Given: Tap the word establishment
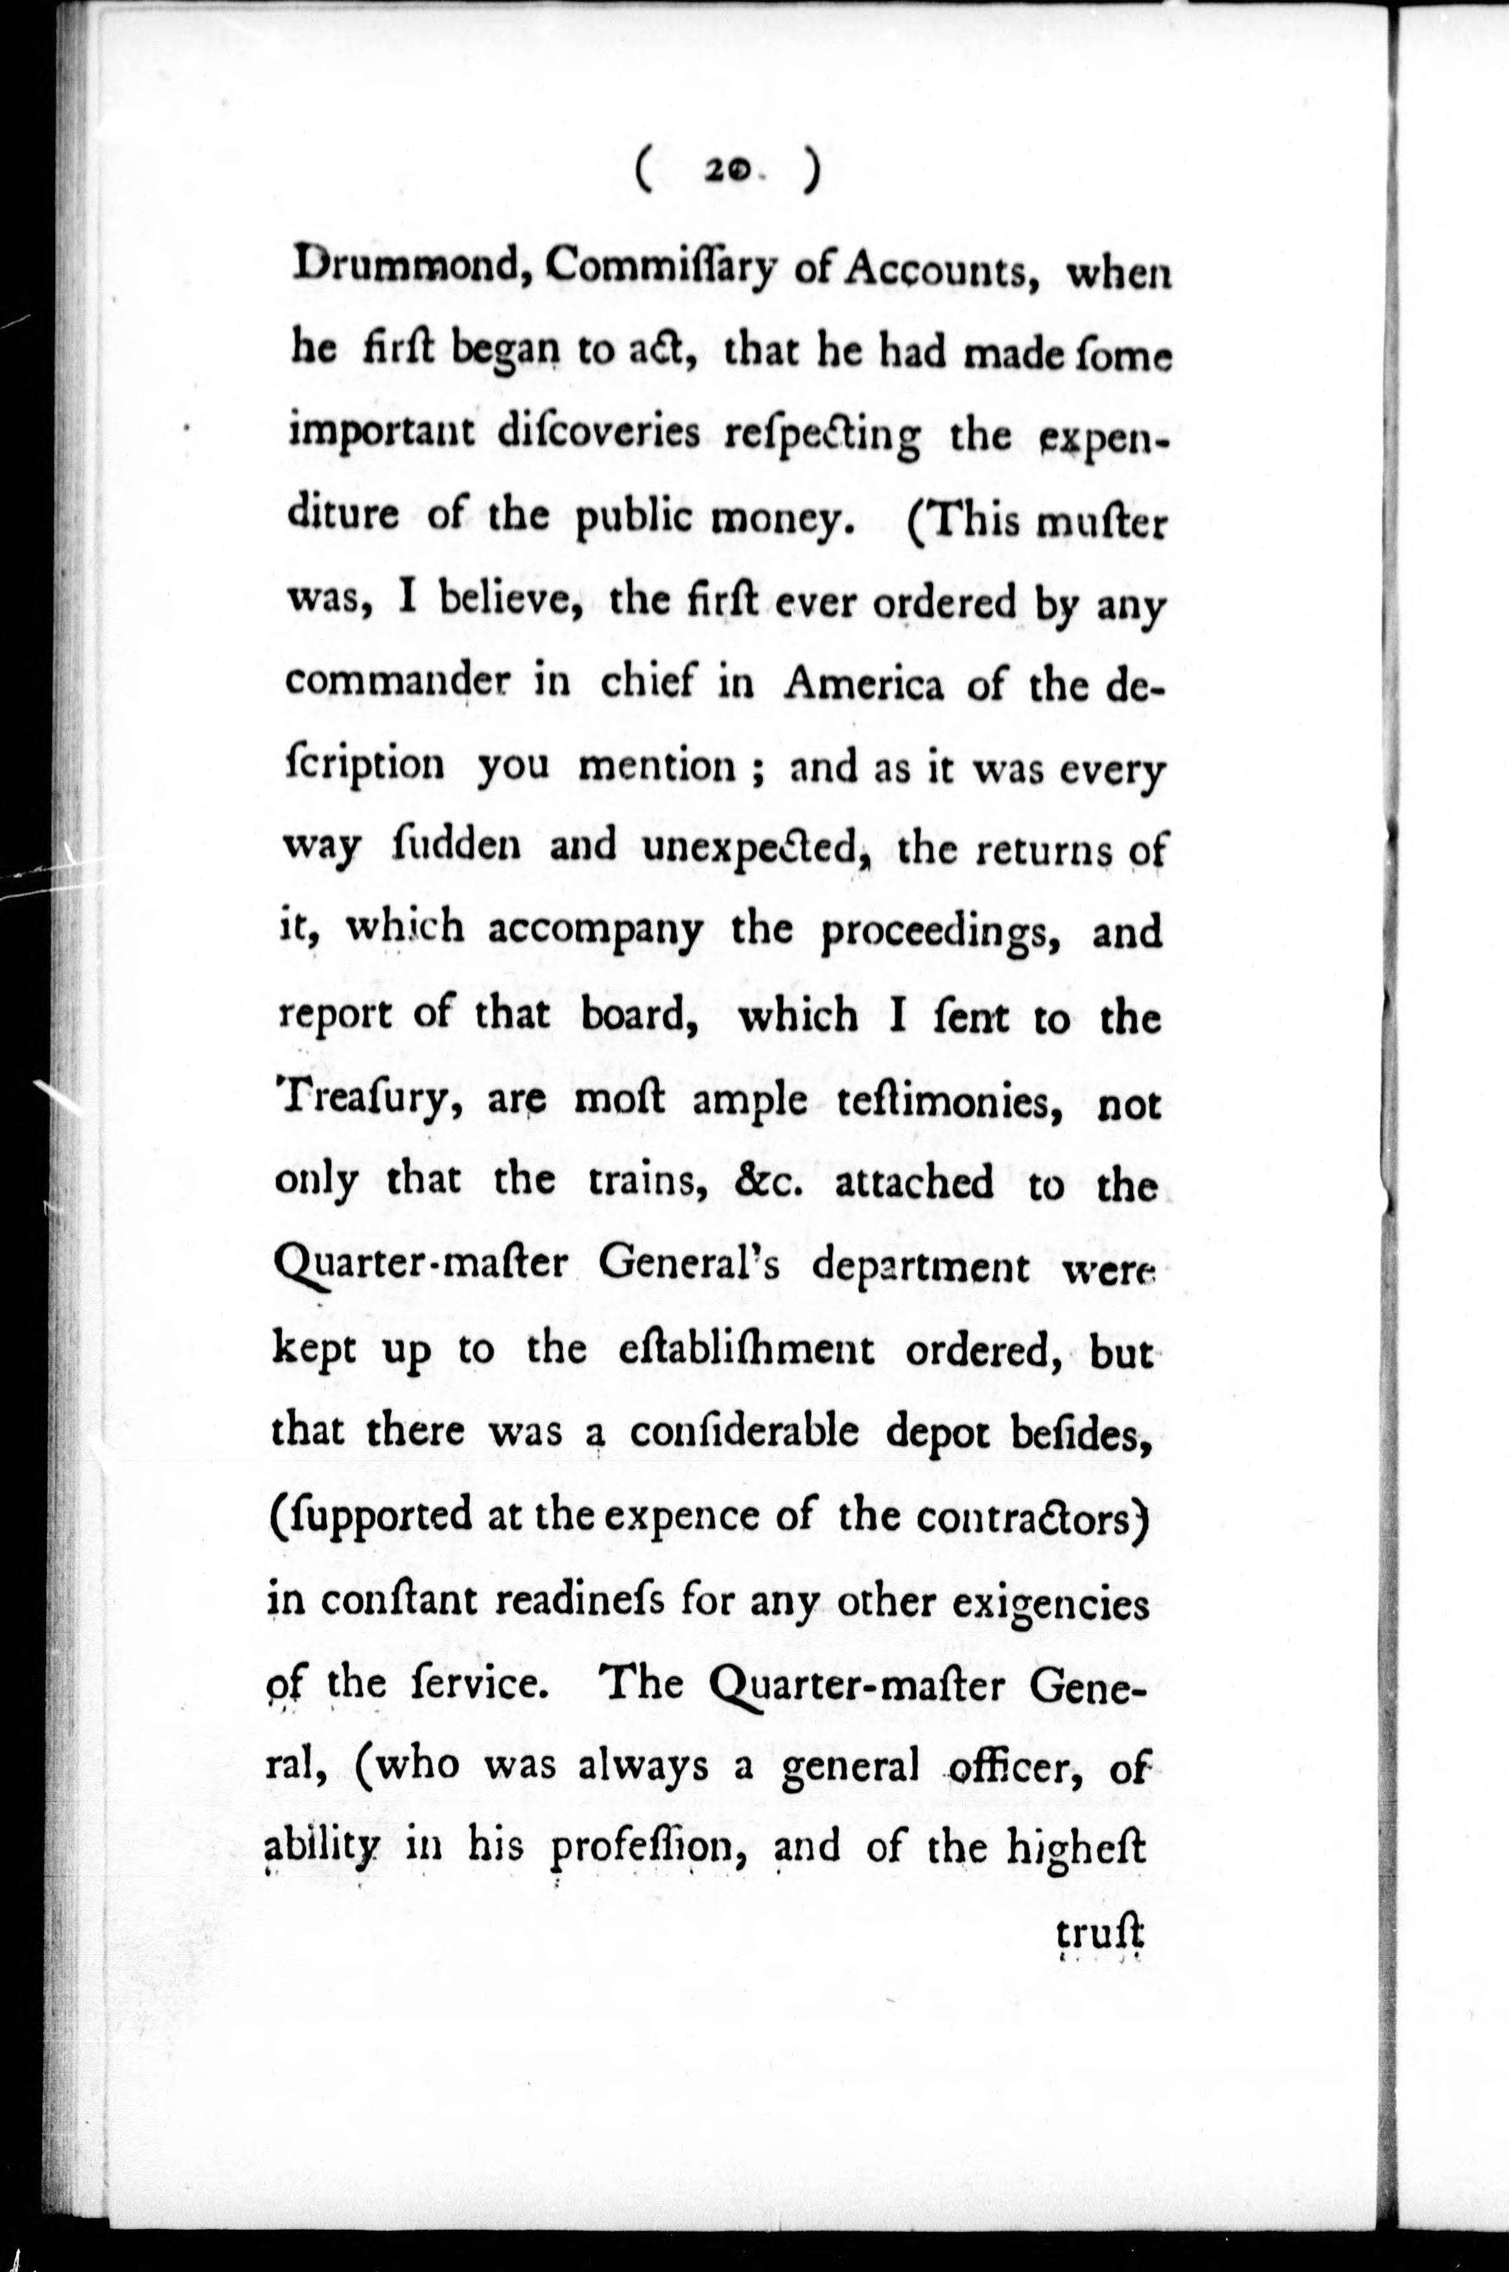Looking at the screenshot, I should (x=747, y=1349).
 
